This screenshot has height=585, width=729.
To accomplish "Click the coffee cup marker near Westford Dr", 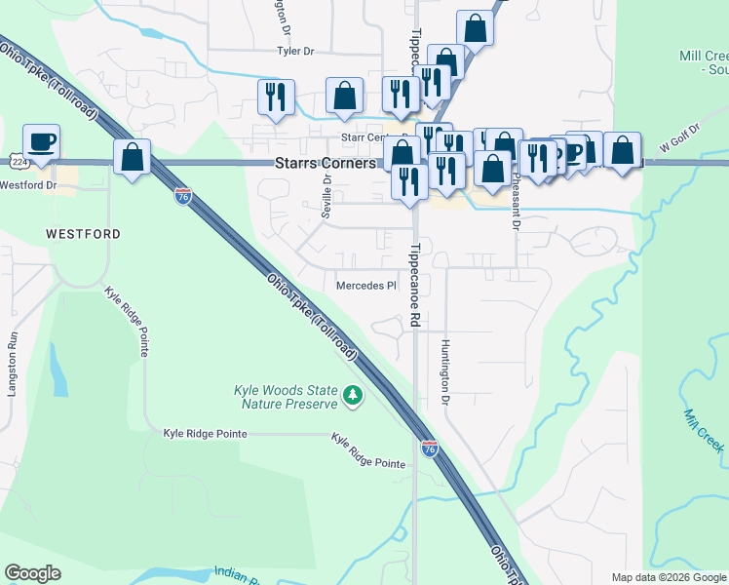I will click(41, 142).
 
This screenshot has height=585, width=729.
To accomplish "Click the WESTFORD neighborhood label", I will click(83, 234).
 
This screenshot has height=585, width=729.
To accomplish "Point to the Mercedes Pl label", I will click(366, 286).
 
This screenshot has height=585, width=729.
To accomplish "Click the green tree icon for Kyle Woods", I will click(353, 396).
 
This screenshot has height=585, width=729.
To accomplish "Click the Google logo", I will click(32, 573).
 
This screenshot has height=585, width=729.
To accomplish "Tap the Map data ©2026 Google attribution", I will click(670, 577).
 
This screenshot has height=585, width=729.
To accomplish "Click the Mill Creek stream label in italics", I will click(703, 430).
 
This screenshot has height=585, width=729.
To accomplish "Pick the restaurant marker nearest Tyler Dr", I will click(276, 97).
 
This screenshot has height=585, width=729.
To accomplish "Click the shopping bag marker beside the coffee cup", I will click(132, 157).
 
